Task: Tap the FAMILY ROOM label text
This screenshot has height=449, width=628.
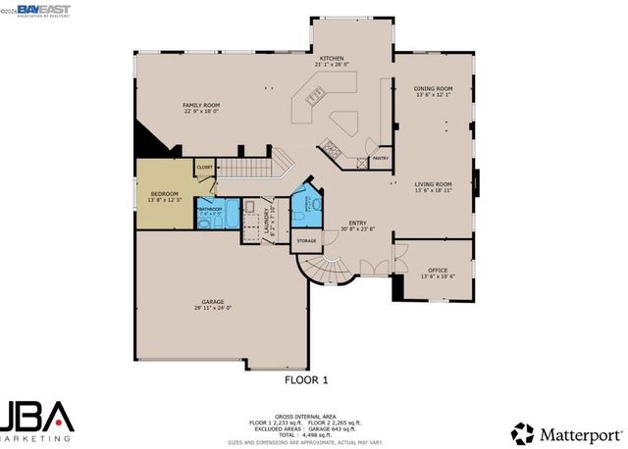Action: [199, 104]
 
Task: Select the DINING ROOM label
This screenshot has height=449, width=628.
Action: [432, 88]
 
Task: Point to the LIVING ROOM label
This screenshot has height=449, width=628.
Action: [432, 183]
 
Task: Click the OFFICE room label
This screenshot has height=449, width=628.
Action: [437, 270]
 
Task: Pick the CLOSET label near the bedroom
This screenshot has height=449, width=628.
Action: [204, 168]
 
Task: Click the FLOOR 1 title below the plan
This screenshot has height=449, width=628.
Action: [306, 378]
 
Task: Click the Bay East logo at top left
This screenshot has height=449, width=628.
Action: [26, 9]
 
